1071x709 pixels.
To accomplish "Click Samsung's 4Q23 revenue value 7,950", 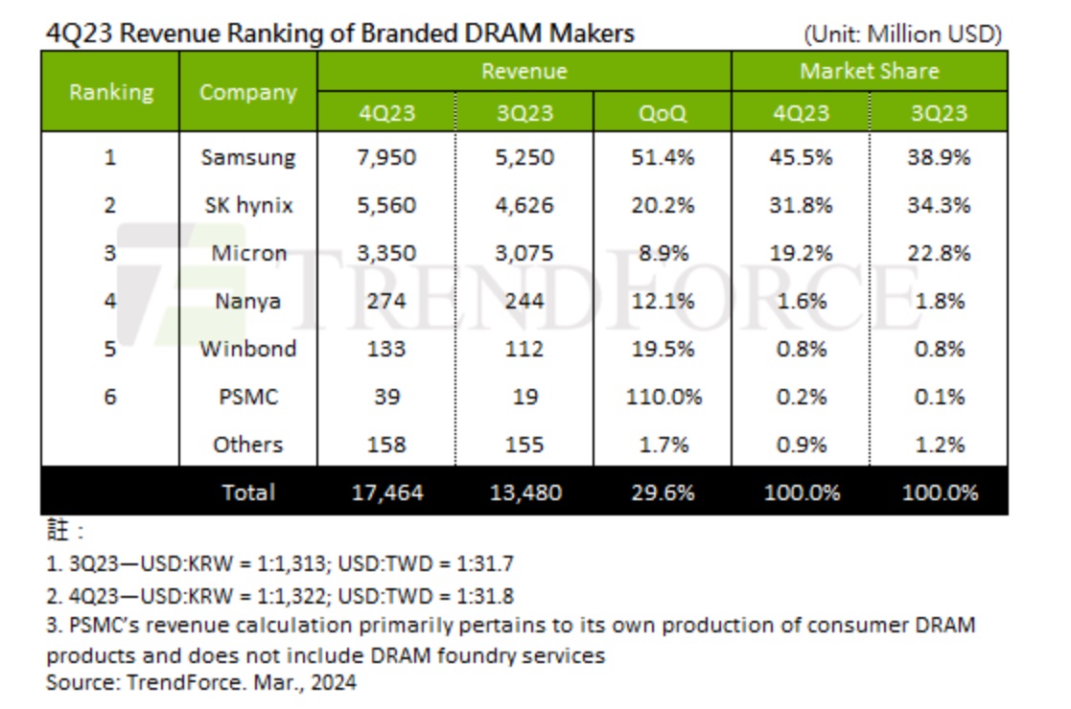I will pos(386,157).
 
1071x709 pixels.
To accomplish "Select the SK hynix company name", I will pos(247,205).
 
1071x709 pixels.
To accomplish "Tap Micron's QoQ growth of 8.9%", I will pos(663,253).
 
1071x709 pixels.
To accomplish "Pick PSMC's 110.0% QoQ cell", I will pos(663,397).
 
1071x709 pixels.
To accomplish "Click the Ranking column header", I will pos(110,92).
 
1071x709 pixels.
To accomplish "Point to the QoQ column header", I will pos(663,113).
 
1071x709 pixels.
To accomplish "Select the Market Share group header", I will pos(869,71).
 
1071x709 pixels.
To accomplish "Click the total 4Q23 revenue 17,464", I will pos(386,492).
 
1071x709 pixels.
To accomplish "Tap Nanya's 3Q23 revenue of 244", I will pos(524,301).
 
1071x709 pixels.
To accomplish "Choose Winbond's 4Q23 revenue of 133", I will pos(386,349).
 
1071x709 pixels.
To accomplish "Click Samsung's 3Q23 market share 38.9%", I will pos(938,157).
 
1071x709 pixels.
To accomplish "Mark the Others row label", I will pos(247,445).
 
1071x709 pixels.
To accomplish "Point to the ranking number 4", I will pos(110,301).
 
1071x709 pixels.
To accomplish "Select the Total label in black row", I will pos(247,492).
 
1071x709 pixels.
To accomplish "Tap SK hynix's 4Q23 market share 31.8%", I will pos(800,205).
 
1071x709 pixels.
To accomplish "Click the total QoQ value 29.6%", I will pos(663,492).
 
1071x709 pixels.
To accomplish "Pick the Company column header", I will pos(247,92).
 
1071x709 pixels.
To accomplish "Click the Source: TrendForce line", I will pos(201,682).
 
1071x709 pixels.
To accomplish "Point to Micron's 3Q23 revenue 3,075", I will pos(524,253).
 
